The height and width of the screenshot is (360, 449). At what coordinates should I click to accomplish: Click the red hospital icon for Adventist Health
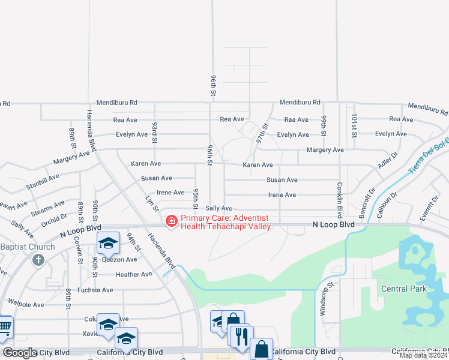point(172,222)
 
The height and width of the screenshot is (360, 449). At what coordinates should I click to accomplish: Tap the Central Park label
point(404,289)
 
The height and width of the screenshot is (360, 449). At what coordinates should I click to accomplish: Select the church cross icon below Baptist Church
point(38,260)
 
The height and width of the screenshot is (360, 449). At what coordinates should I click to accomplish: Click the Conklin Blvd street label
point(339,196)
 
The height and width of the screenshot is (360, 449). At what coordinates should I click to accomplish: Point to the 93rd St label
point(154,132)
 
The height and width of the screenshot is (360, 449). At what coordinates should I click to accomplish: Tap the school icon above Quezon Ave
point(108,243)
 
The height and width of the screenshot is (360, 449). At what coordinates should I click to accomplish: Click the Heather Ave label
point(134,274)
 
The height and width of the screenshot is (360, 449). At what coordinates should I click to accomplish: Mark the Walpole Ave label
point(26,304)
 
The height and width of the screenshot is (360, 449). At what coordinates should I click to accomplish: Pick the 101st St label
point(354,125)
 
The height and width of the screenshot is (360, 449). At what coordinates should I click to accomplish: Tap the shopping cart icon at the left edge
point(5,327)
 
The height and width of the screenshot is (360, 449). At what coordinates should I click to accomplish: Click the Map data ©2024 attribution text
point(424,355)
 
